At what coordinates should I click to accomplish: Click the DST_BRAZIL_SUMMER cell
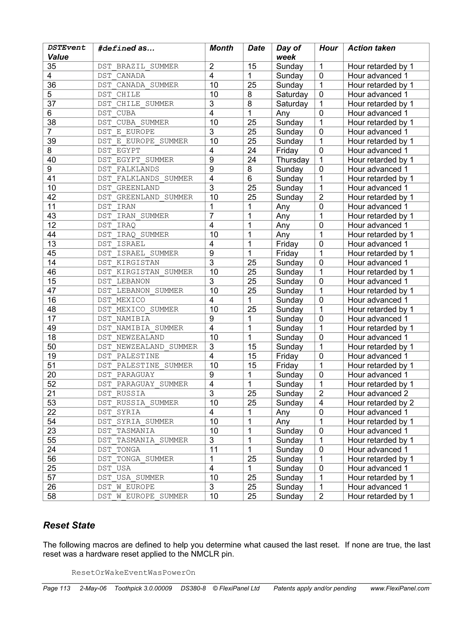pyautogui.click(x=138, y=66)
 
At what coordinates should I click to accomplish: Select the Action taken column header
pyautogui.click(x=371, y=48)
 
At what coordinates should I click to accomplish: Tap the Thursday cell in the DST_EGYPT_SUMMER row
pyautogui.click(x=292, y=160)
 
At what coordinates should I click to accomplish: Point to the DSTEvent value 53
pyautogui.click(x=52, y=403)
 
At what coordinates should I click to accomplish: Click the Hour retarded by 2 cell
pyautogui.click(x=381, y=403)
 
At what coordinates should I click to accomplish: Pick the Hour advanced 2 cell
pyautogui.click(x=378, y=393)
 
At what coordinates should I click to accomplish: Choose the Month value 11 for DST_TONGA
pyautogui.click(x=213, y=450)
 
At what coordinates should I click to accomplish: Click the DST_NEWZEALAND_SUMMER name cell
pyautogui.click(x=147, y=347)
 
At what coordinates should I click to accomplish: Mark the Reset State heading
pyautogui.click(x=69, y=525)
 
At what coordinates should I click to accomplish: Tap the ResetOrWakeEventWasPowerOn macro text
pyautogui.click(x=133, y=572)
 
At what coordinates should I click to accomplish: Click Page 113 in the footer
pyautogui.click(x=56, y=588)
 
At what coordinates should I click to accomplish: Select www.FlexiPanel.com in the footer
pyautogui.click(x=400, y=588)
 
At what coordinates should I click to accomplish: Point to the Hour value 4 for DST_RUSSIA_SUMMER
pyautogui.click(x=321, y=403)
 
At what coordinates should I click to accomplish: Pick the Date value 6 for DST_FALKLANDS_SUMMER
pyautogui.click(x=250, y=179)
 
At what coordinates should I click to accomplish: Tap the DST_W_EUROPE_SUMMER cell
pyautogui.click(x=143, y=496)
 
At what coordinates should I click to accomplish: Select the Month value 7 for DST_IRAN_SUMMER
pyautogui.click(x=212, y=216)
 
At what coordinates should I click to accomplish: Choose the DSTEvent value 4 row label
pyautogui.click(x=49, y=76)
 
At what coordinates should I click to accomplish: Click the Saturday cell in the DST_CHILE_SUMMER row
pyautogui.click(x=292, y=104)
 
